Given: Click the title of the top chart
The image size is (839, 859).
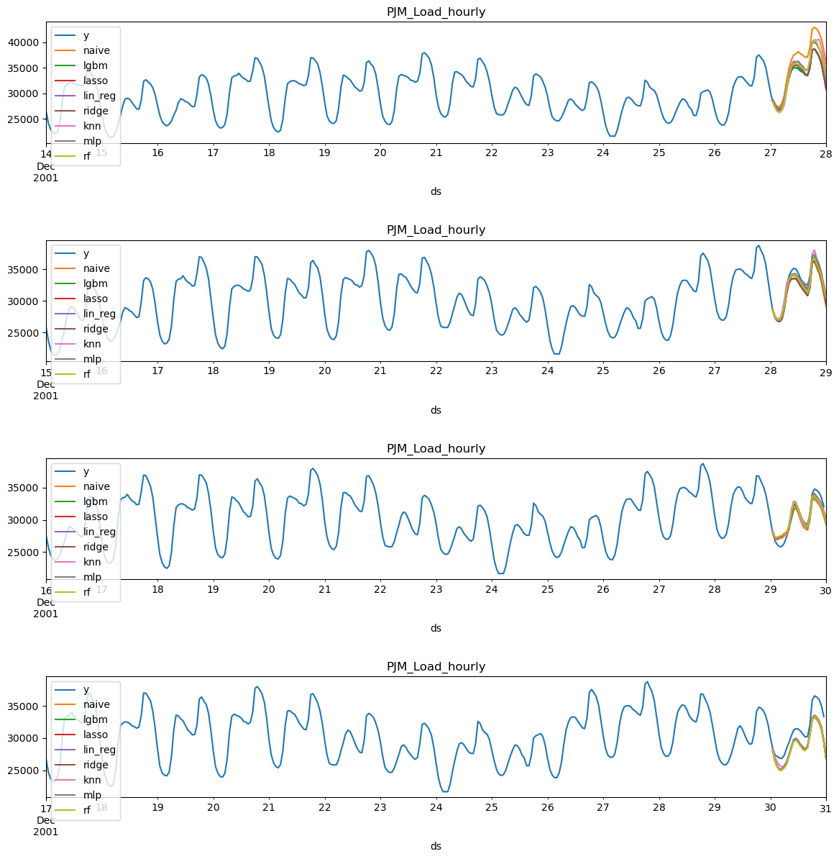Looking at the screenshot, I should pos(436,12).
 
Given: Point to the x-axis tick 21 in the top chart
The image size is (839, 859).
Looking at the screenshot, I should pos(436,153).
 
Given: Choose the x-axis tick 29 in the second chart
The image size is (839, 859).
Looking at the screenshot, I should pos(825,371).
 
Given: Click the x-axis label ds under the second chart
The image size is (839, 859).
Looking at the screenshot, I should pos(436,410).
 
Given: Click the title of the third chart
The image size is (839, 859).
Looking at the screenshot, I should pos(436,448).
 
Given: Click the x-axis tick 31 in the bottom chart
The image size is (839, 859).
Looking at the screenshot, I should pos(825,807).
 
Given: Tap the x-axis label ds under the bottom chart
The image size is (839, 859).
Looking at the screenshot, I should pos(436,846).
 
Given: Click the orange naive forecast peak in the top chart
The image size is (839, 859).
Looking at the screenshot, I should pos(814,27).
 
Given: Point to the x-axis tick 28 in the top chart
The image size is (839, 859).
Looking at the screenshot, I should pos(825,153).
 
